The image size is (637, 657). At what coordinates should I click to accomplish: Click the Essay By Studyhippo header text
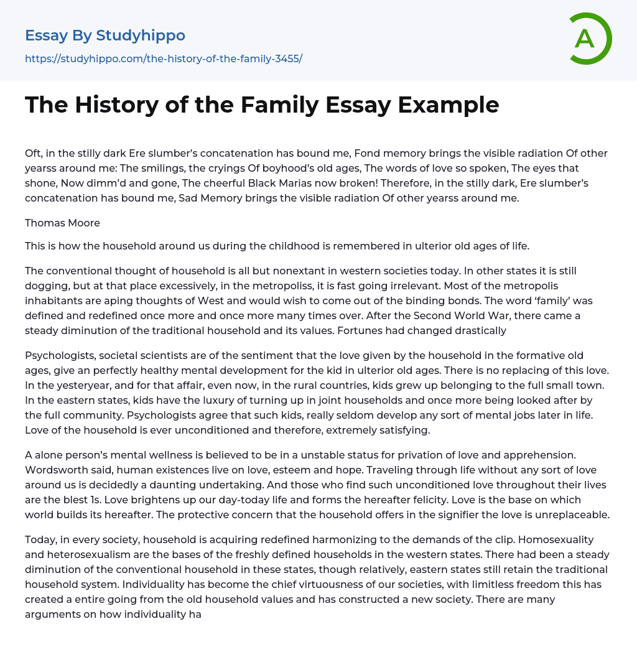(x=105, y=35)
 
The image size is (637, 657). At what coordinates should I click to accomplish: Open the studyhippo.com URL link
(x=164, y=58)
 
